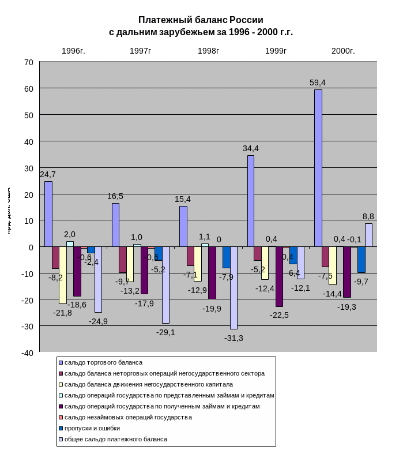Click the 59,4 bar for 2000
click(318, 168)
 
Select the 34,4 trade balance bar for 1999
click(250, 201)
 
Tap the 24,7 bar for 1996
click(48, 214)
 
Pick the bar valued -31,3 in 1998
click(233, 288)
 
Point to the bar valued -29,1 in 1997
click(165, 285)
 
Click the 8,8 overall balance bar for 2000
click(368, 235)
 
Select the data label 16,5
click(115, 196)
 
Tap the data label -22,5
click(279, 315)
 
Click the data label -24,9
click(98, 321)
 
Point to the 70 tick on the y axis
click(29, 62)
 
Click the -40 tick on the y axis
click(28, 353)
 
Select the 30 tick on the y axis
click(29, 168)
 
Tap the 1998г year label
click(208, 51)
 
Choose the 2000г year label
click(342, 51)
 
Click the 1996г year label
click(72, 51)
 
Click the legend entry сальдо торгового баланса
click(103, 362)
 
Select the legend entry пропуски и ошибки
click(92, 428)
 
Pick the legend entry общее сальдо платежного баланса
click(115, 439)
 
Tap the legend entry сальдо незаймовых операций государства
click(128, 417)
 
